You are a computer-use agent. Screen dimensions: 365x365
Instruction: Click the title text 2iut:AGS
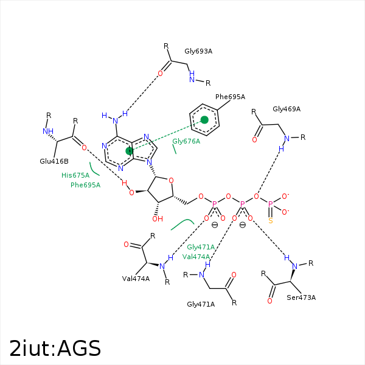coord(55,348)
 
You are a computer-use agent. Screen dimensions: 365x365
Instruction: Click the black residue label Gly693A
coord(198,51)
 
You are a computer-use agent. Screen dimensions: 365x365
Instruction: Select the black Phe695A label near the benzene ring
coord(230,97)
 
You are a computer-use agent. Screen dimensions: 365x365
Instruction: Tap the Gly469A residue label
coord(287,109)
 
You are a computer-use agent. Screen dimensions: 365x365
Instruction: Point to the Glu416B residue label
coord(54,161)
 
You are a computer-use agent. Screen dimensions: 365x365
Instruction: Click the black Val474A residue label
coord(136,279)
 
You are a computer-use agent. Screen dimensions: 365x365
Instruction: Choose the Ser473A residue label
coord(301,297)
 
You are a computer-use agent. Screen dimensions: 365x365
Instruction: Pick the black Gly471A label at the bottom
coord(201,304)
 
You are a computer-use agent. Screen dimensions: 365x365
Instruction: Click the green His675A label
coord(75,175)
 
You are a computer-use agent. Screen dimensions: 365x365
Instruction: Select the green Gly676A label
coord(186,141)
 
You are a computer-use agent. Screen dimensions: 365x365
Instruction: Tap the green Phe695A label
coord(85,185)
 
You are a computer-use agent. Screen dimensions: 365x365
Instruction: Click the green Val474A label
coord(196,257)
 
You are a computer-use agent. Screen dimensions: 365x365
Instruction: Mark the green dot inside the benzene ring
coord(204,120)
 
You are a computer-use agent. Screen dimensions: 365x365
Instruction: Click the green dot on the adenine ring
coord(129,150)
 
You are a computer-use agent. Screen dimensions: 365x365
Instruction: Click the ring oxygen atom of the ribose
coord(171,180)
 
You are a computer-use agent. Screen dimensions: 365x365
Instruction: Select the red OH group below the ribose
coord(157,218)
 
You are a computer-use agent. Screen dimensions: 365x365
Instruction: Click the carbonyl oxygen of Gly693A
coord(161,74)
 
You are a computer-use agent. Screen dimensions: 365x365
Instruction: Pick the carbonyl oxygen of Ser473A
coord(269,301)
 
